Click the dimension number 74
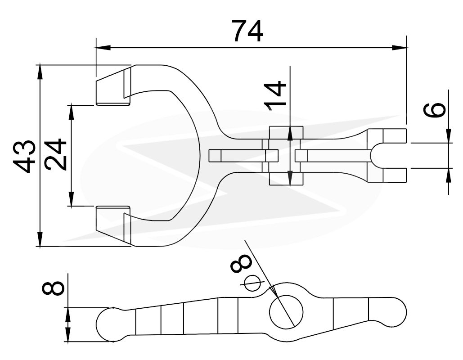[247, 31]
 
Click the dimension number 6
[434, 110]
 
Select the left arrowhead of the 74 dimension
[103, 48]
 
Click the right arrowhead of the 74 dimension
[399, 48]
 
